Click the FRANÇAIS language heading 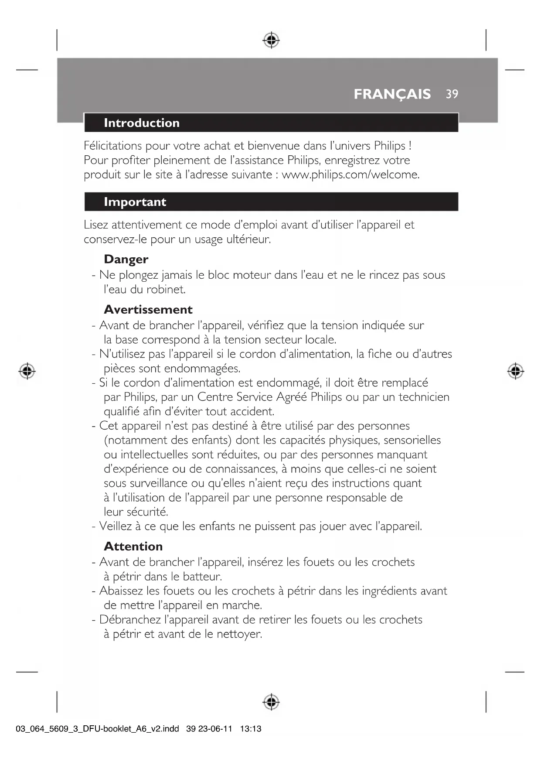(x=392, y=94)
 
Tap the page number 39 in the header (x=452, y=94)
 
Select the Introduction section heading (x=142, y=123)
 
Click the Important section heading (x=135, y=202)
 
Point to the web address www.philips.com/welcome (x=350, y=175)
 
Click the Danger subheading (x=126, y=260)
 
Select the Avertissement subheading (x=148, y=310)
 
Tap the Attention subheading (x=133, y=546)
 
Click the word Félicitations (x=113, y=146)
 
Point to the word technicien (x=424, y=397)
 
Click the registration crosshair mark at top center (x=271, y=40)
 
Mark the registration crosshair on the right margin (x=515, y=371)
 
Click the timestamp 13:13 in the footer (x=251, y=729)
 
